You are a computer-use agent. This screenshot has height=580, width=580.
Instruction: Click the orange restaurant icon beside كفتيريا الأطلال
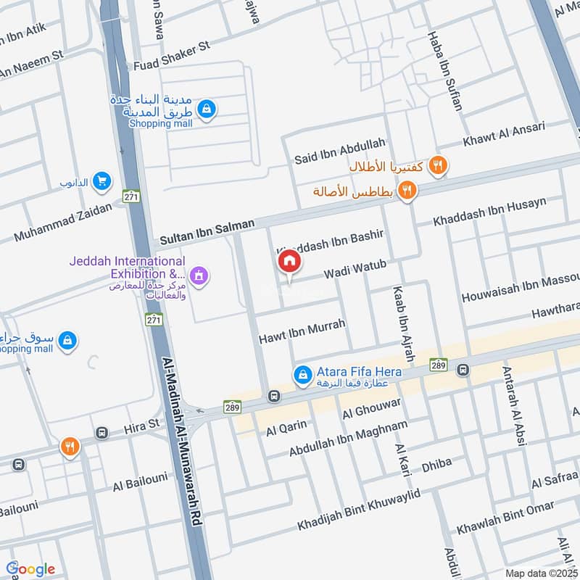pyautogui.click(x=437, y=165)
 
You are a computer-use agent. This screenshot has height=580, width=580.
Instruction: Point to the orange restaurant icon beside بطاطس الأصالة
pyautogui.click(x=408, y=191)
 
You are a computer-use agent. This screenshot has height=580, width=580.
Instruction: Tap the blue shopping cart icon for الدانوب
pyautogui.click(x=102, y=181)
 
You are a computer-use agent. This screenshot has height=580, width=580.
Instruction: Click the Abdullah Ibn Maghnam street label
pyautogui.click(x=349, y=438)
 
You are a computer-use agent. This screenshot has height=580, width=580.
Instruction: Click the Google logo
pyautogui.click(x=30, y=568)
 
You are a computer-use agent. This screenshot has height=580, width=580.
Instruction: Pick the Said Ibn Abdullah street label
pyautogui.click(x=340, y=151)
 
